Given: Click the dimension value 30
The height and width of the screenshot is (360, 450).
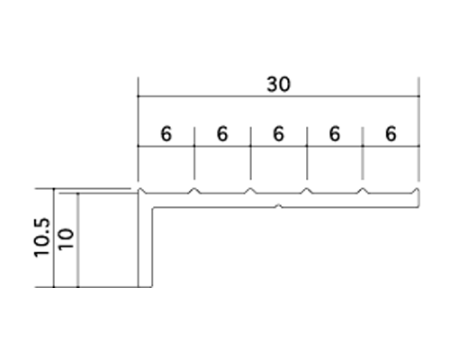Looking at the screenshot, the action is coord(279,85).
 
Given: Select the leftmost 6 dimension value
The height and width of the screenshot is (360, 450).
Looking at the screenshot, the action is coord(166,134).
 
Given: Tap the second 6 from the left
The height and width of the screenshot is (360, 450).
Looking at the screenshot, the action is coord(222,134).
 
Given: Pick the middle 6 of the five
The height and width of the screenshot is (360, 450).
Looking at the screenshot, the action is coord(278,134).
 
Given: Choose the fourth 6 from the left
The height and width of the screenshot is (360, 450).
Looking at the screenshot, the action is coord(335,134).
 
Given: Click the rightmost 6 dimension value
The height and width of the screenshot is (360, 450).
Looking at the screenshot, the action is coord(391,134).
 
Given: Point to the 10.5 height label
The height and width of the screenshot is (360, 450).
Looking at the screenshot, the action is coord(41,238).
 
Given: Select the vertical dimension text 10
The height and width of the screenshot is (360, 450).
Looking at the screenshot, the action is coord(66,239).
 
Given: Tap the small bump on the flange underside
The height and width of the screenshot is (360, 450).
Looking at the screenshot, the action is coord(279,206).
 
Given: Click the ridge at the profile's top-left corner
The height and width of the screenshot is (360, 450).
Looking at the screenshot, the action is coord(141,191).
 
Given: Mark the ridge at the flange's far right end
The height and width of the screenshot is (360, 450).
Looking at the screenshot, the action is coord(416,191).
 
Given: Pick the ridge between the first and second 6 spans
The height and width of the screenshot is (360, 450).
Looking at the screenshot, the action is coord(194,191).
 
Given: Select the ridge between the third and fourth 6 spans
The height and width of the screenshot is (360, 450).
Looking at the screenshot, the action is coord(307,191).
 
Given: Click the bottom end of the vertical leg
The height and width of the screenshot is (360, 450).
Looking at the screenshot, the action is coord(146,287).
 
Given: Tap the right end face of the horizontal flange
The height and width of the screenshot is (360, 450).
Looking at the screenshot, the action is coord(418,199).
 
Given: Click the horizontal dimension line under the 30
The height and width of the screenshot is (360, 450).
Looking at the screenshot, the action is coord(279,96).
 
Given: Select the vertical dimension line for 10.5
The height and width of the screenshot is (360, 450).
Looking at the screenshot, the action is coord(54,238).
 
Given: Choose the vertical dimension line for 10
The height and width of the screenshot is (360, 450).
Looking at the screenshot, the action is coord(78,240).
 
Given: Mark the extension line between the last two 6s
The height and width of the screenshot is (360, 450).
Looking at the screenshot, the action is coord(363,153).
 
